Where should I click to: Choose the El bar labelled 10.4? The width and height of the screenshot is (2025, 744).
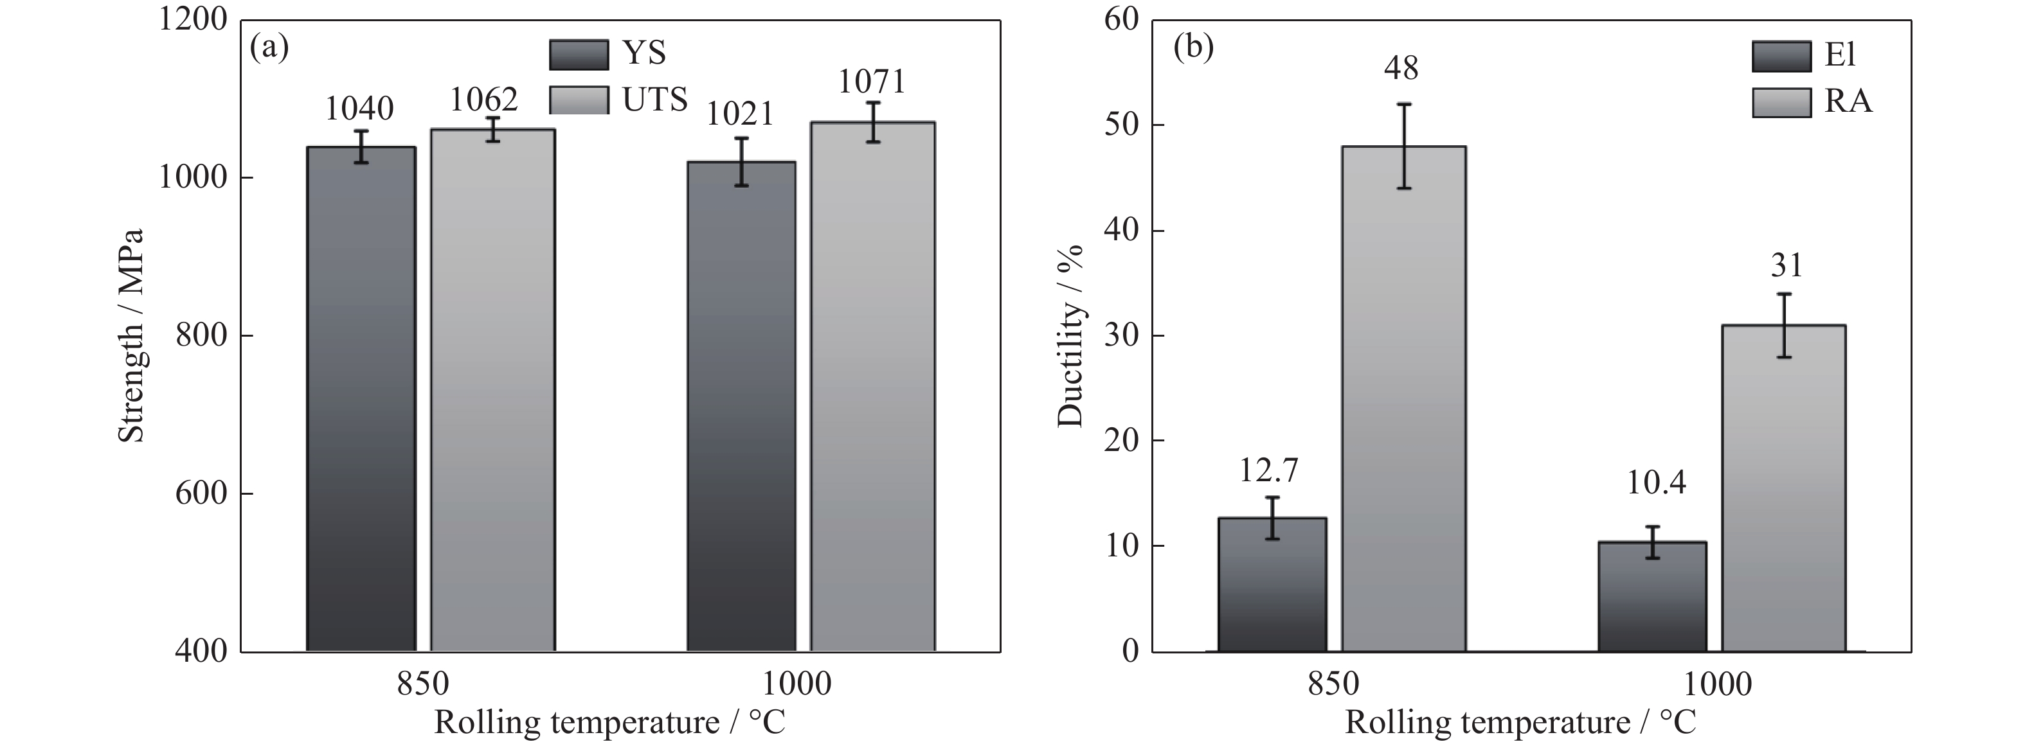click(1652, 596)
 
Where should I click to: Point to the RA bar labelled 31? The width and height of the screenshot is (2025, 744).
click(1784, 488)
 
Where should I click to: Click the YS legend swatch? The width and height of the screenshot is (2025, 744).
click(579, 54)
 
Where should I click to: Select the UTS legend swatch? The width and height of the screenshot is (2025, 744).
click(579, 100)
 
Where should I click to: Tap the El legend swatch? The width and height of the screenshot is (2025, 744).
click(1781, 57)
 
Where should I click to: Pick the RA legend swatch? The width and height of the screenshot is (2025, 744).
click(1781, 102)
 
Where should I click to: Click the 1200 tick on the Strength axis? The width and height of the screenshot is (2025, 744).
click(194, 20)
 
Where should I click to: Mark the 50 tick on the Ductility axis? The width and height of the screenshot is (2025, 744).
click(1122, 126)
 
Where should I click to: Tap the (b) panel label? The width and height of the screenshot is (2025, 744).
click(1192, 49)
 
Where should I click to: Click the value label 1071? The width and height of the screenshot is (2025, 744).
click(872, 82)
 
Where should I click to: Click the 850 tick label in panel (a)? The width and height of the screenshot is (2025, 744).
click(423, 684)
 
